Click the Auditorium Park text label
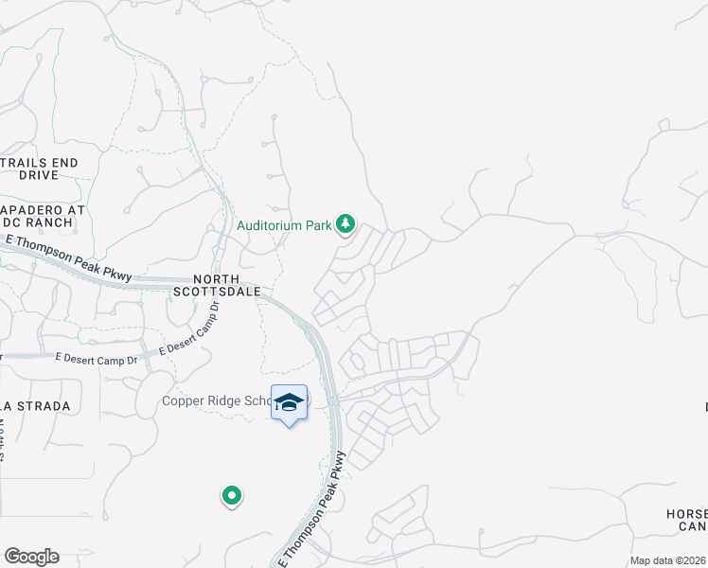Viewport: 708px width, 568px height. [284, 225]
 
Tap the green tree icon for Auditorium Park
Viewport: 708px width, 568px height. [346, 224]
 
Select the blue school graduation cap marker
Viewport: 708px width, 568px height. [289, 402]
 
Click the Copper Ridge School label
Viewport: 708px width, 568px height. [217, 400]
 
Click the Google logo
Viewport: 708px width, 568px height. [31, 557]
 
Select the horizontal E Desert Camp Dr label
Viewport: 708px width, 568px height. [96, 359]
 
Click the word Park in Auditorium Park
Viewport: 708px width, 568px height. [317, 225]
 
